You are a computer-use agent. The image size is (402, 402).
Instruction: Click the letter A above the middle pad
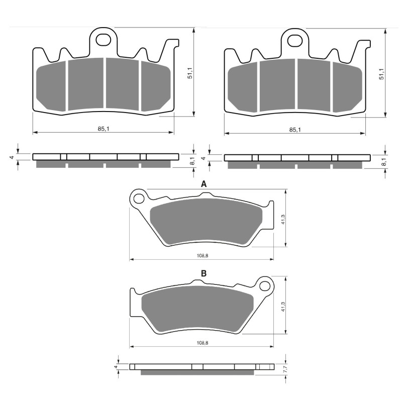coord(204,184)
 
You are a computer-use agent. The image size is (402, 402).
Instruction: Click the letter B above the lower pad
coord(204,273)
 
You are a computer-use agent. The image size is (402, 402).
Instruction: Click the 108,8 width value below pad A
coord(202,256)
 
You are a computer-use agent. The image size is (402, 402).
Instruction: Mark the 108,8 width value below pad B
coord(202,343)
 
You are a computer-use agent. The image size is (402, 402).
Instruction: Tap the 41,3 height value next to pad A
coord(282,219)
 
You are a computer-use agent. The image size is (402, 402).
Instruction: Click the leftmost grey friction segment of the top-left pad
coord(51,84)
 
